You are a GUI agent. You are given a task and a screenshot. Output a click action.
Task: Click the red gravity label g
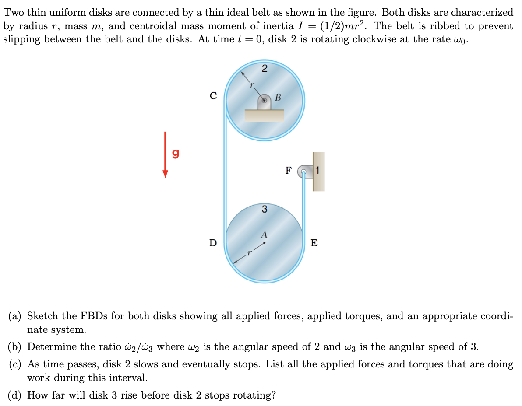tap(175, 154)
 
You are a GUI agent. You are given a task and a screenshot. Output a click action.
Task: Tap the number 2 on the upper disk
tap(264, 68)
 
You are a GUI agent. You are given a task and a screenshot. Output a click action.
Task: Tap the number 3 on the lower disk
tap(264, 209)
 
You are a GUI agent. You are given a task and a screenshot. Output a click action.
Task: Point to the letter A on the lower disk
tap(264, 235)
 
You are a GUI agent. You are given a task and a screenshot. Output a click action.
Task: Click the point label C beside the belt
tap(213, 96)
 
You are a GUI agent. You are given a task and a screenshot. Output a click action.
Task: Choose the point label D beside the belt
tap(213, 243)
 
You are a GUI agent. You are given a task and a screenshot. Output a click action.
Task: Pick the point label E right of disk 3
tap(314, 243)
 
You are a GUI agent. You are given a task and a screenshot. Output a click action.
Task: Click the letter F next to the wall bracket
tap(288, 171)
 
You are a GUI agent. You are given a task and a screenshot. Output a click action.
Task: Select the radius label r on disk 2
tap(252, 86)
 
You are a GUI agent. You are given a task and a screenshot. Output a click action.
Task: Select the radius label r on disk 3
tap(248, 252)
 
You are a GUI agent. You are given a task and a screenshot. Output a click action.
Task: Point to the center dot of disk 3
tap(264, 243)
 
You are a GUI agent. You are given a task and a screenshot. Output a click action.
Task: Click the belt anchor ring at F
tap(303, 172)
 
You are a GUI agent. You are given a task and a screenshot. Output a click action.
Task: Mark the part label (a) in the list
tap(15, 316)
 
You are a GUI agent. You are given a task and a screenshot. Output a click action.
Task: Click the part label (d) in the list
tap(15, 395)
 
